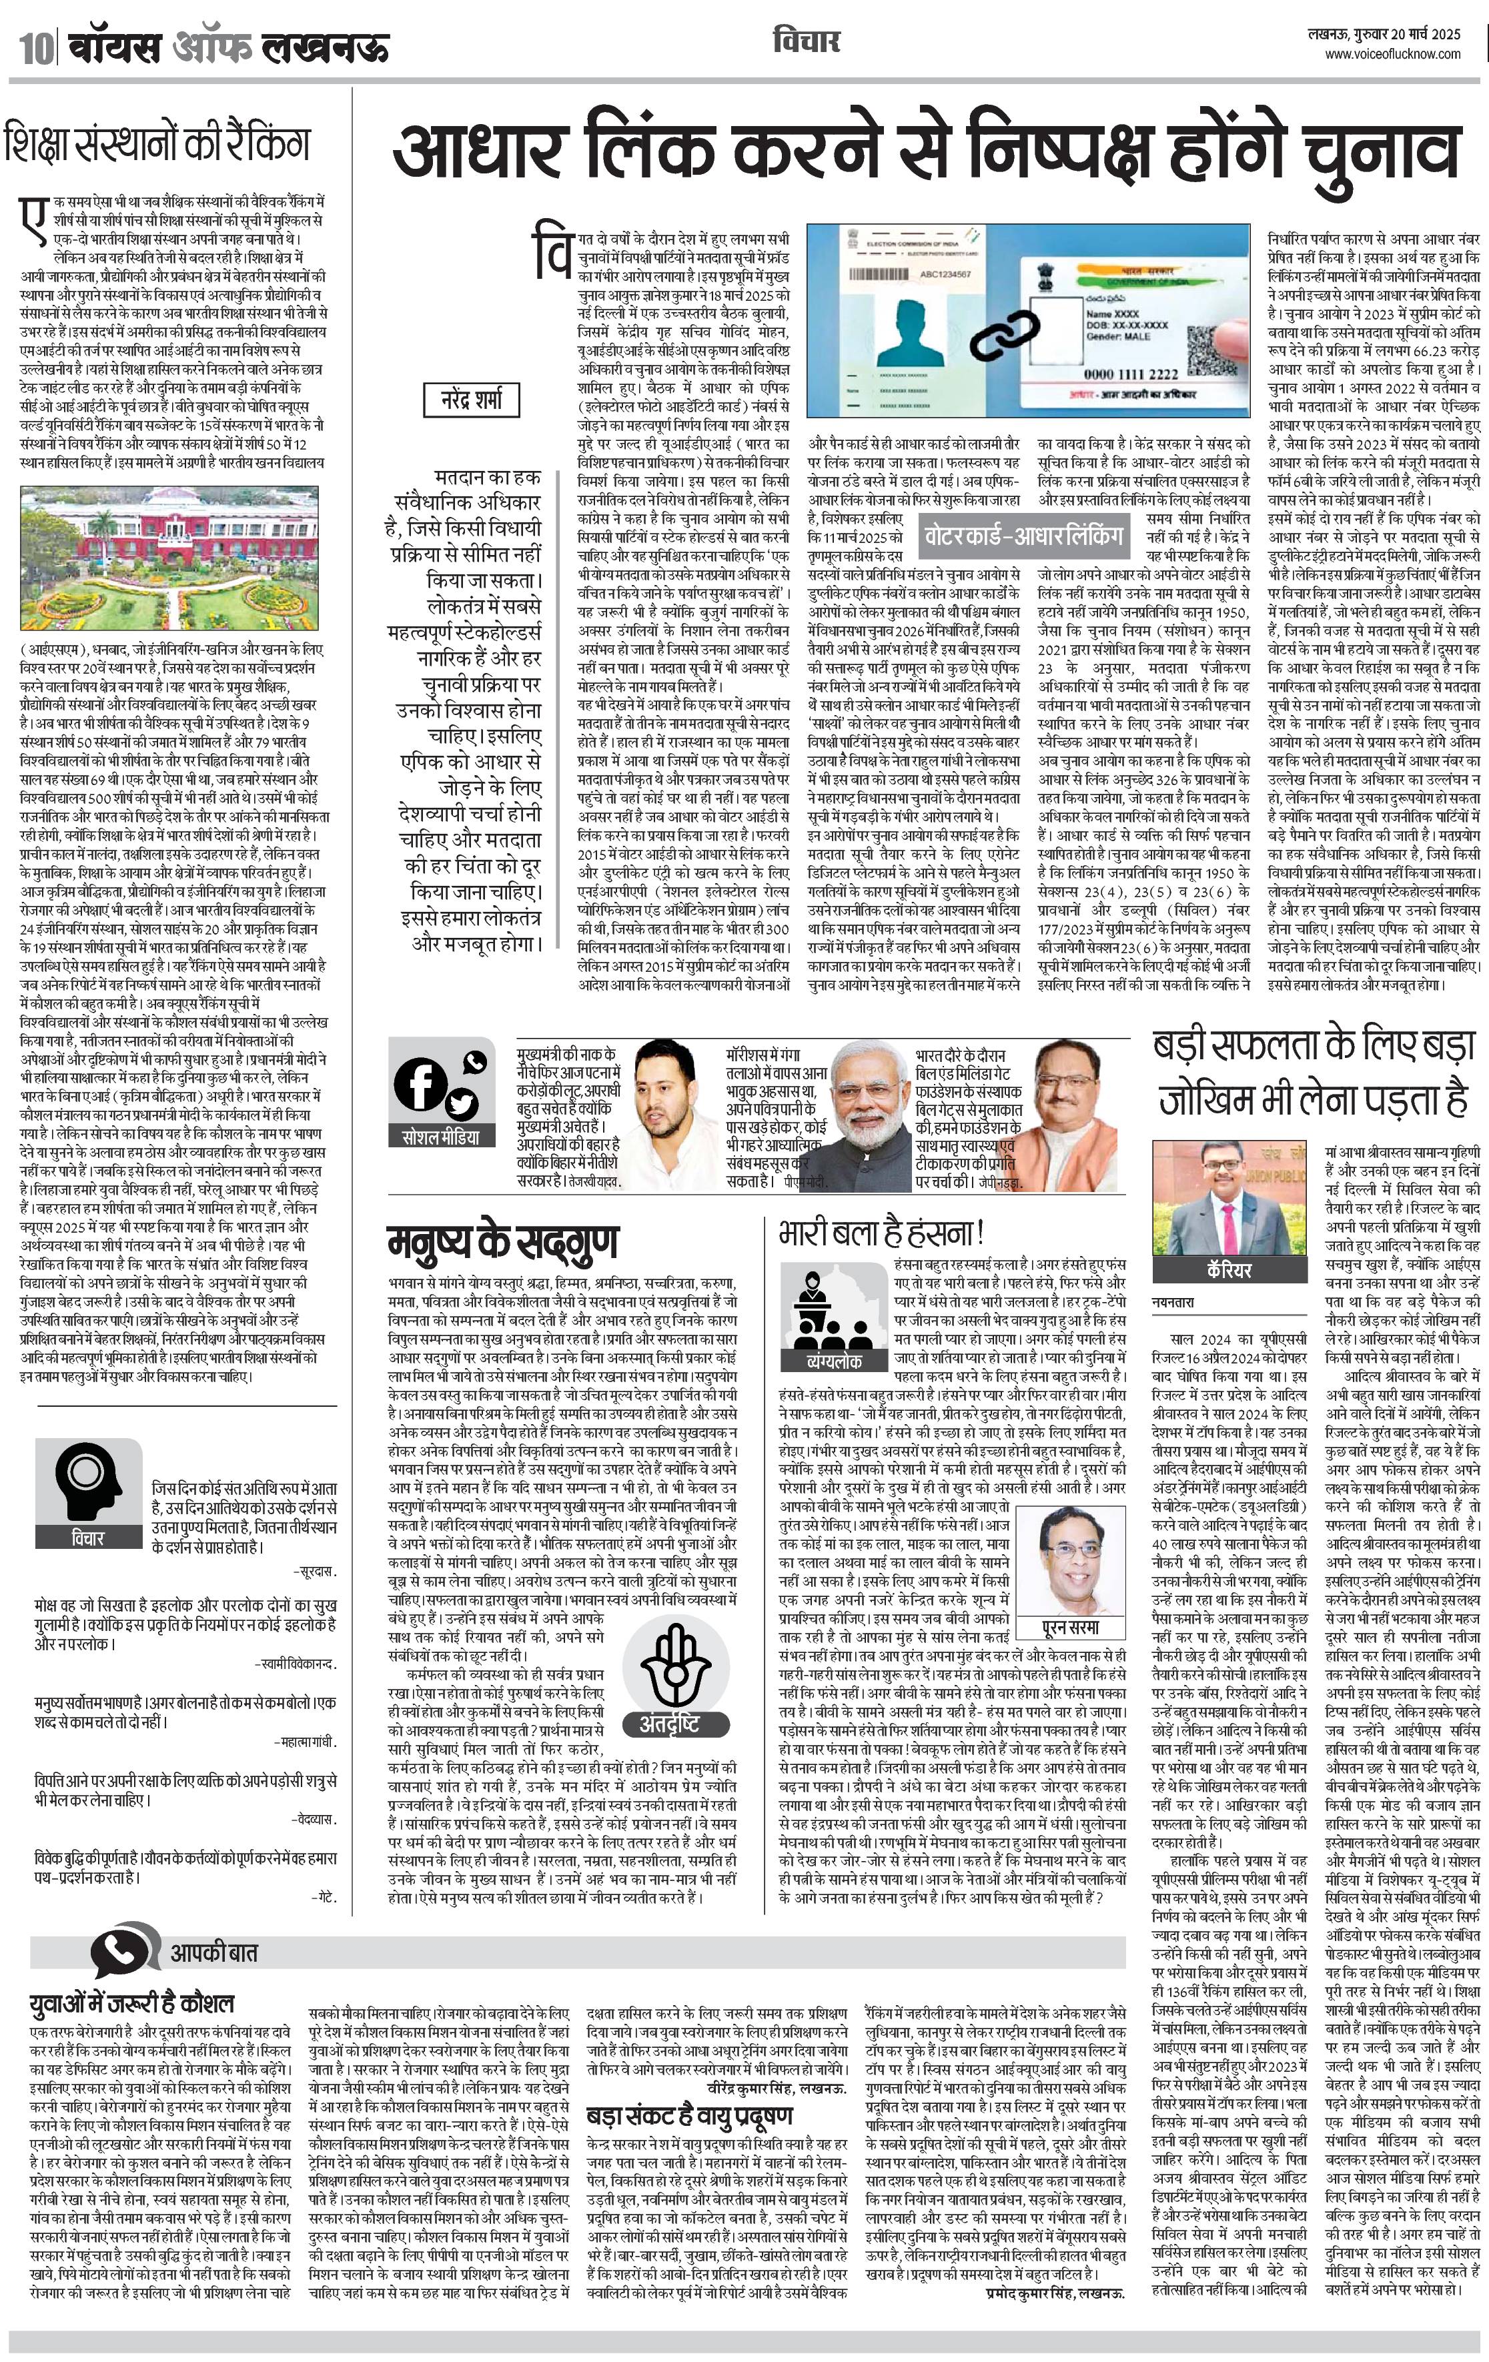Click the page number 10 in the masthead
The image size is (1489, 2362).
coord(35,47)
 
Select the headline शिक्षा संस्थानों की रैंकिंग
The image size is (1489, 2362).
coord(157,143)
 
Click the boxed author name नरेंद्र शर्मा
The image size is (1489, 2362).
coord(472,399)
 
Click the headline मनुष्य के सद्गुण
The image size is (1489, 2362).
coord(502,1243)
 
